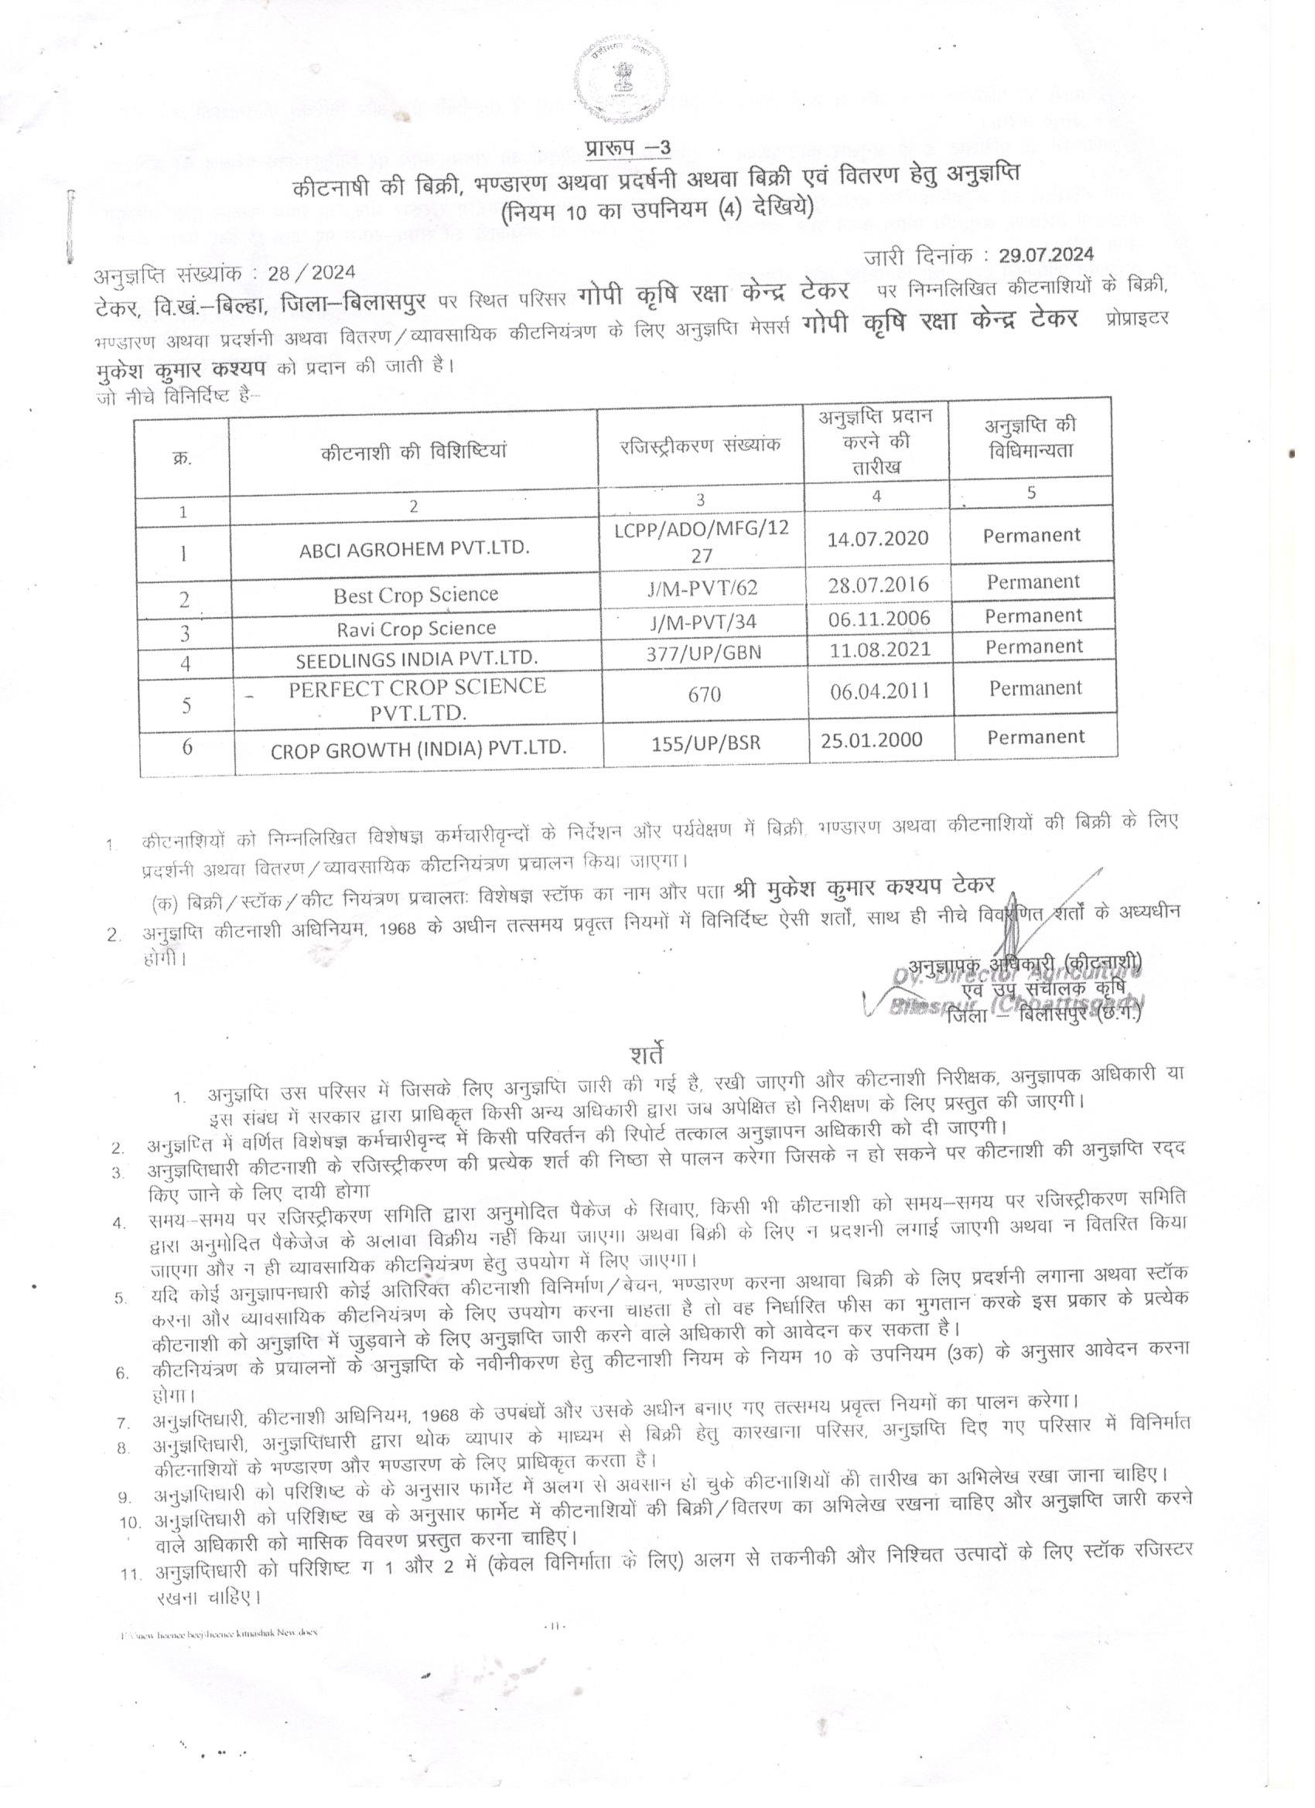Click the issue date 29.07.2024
[1047, 255]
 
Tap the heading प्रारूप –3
[627, 149]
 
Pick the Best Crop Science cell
[415, 595]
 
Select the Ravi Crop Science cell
[415, 628]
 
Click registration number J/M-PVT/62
[702, 588]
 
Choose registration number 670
[704, 695]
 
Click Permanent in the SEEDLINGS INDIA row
[1034, 646]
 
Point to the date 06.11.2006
[879, 618]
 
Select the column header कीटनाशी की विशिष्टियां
[414, 451]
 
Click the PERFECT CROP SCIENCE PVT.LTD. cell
[417, 699]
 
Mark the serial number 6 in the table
[187, 747]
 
